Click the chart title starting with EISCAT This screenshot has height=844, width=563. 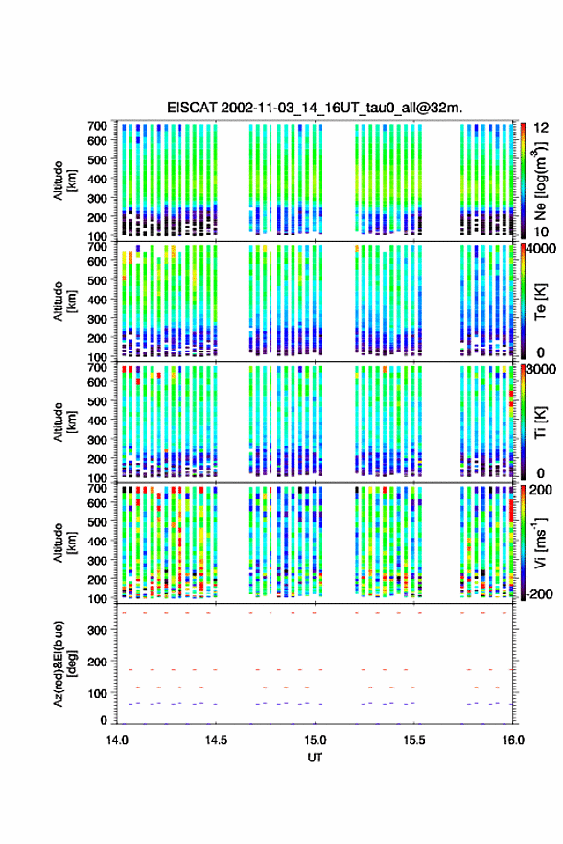pos(315,108)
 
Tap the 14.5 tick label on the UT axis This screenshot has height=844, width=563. pos(216,740)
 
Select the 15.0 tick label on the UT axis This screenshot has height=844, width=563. pos(316,740)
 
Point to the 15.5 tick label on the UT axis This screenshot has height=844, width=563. pos(414,740)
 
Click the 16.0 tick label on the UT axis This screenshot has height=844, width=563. pos(513,740)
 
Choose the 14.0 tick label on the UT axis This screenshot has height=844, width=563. pos(117,740)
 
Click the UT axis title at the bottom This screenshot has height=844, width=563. pos(315,758)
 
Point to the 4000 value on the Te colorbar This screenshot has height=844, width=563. pos(541,249)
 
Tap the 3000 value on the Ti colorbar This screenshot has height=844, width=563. pos(541,370)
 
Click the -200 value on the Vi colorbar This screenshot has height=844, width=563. pos(539,593)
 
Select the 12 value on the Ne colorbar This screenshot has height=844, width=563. pos(542,128)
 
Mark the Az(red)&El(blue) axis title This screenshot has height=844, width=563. pos(64,664)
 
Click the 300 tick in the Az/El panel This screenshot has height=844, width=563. pos(97,630)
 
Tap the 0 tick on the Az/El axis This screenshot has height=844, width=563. pos(104,720)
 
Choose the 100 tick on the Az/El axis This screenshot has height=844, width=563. pos(97,693)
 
